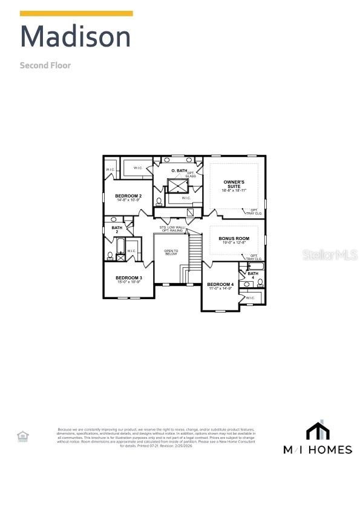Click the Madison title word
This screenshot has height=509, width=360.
[x=76, y=37]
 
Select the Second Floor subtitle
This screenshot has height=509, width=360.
[x=45, y=65]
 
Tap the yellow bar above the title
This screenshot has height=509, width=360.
[x=76, y=13]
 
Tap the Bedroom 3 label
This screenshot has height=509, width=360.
[x=128, y=279]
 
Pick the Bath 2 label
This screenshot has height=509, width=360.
[x=117, y=230]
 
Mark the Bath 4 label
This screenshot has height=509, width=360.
[x=253, y=275]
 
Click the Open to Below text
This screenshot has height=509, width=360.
[x=171, y=252]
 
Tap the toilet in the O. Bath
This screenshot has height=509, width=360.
[x=159, y=201]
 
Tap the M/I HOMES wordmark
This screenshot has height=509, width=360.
[x=318, y=449]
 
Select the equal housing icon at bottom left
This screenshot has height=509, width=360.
[x=22, y=436]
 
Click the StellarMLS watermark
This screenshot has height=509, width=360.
[x=330, y=256]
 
